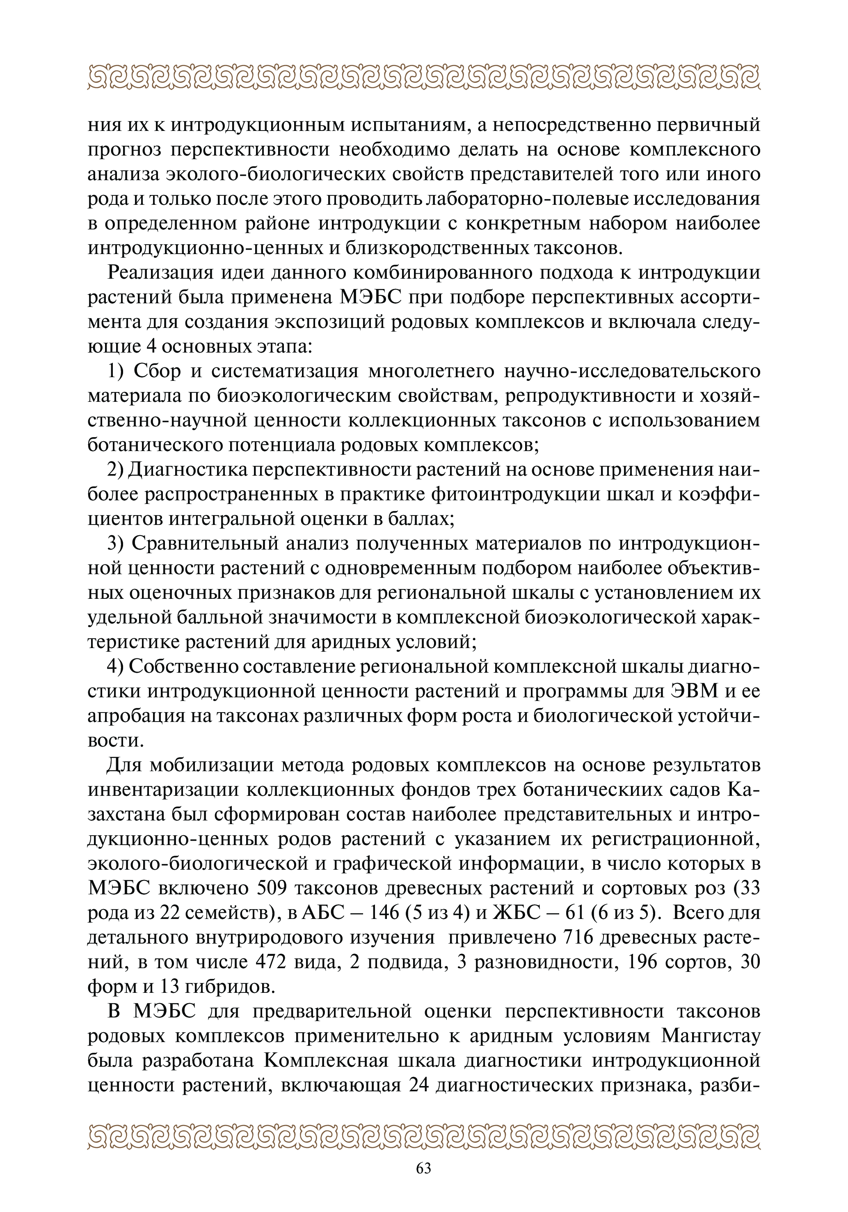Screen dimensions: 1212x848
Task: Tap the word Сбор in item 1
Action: pyautogui.click(x=157, y=371)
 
